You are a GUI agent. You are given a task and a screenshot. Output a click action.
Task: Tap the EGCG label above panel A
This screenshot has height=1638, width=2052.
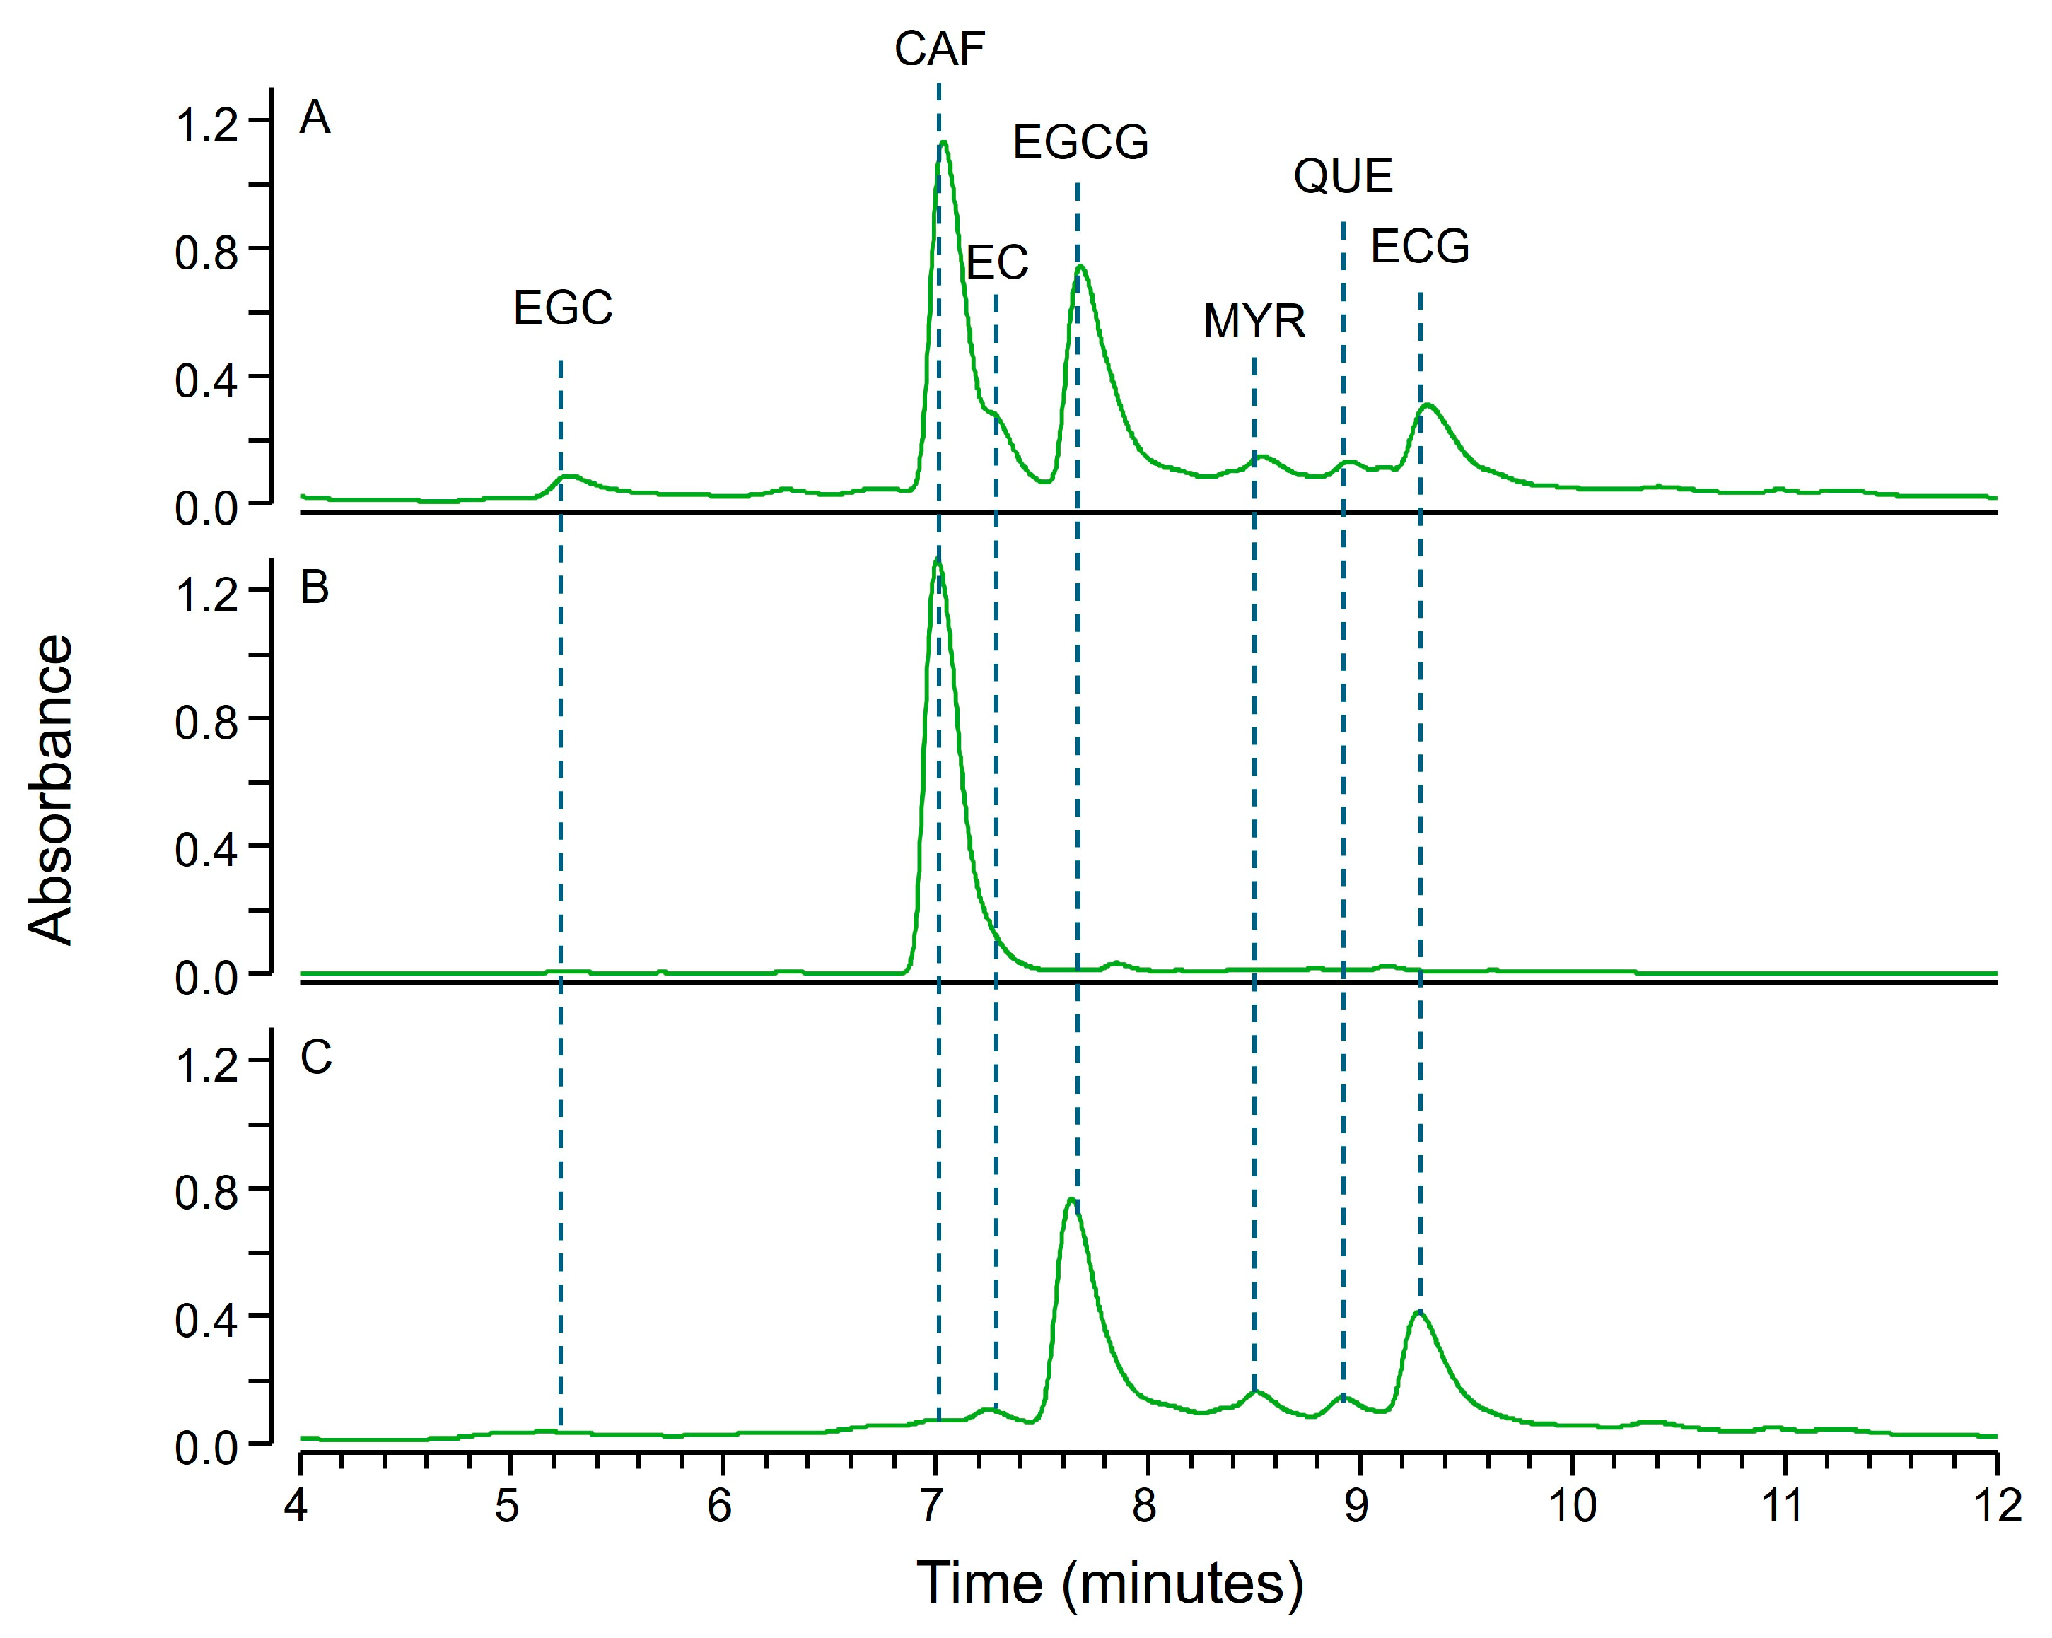pyautogui.click(x=1080, y=143)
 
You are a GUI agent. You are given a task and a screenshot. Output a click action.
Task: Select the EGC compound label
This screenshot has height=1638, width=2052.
pyautogui.click(x=562, y=308)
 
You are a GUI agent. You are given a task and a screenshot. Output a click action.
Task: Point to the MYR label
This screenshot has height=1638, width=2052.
pyautogui.click(x=1254, y=322)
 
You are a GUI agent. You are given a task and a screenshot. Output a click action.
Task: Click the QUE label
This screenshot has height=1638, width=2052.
pyautogui.click(x=1343, y=177)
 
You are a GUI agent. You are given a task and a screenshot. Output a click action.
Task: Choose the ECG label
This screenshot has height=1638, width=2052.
pyautogui.click(x=1420, y=247)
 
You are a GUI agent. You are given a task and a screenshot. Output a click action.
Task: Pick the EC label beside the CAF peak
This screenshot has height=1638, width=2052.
pyautogui.click(x=998, y=263)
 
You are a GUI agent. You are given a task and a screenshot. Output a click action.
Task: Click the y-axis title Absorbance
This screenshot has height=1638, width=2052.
pyautogui.click(x=50, y=790)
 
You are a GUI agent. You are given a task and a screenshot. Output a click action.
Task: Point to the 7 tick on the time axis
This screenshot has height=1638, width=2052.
pyautogui.click(x=933, y=1507)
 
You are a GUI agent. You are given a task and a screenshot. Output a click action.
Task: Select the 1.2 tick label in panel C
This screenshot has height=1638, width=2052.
pyautogui.click(x=206, y=1064)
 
